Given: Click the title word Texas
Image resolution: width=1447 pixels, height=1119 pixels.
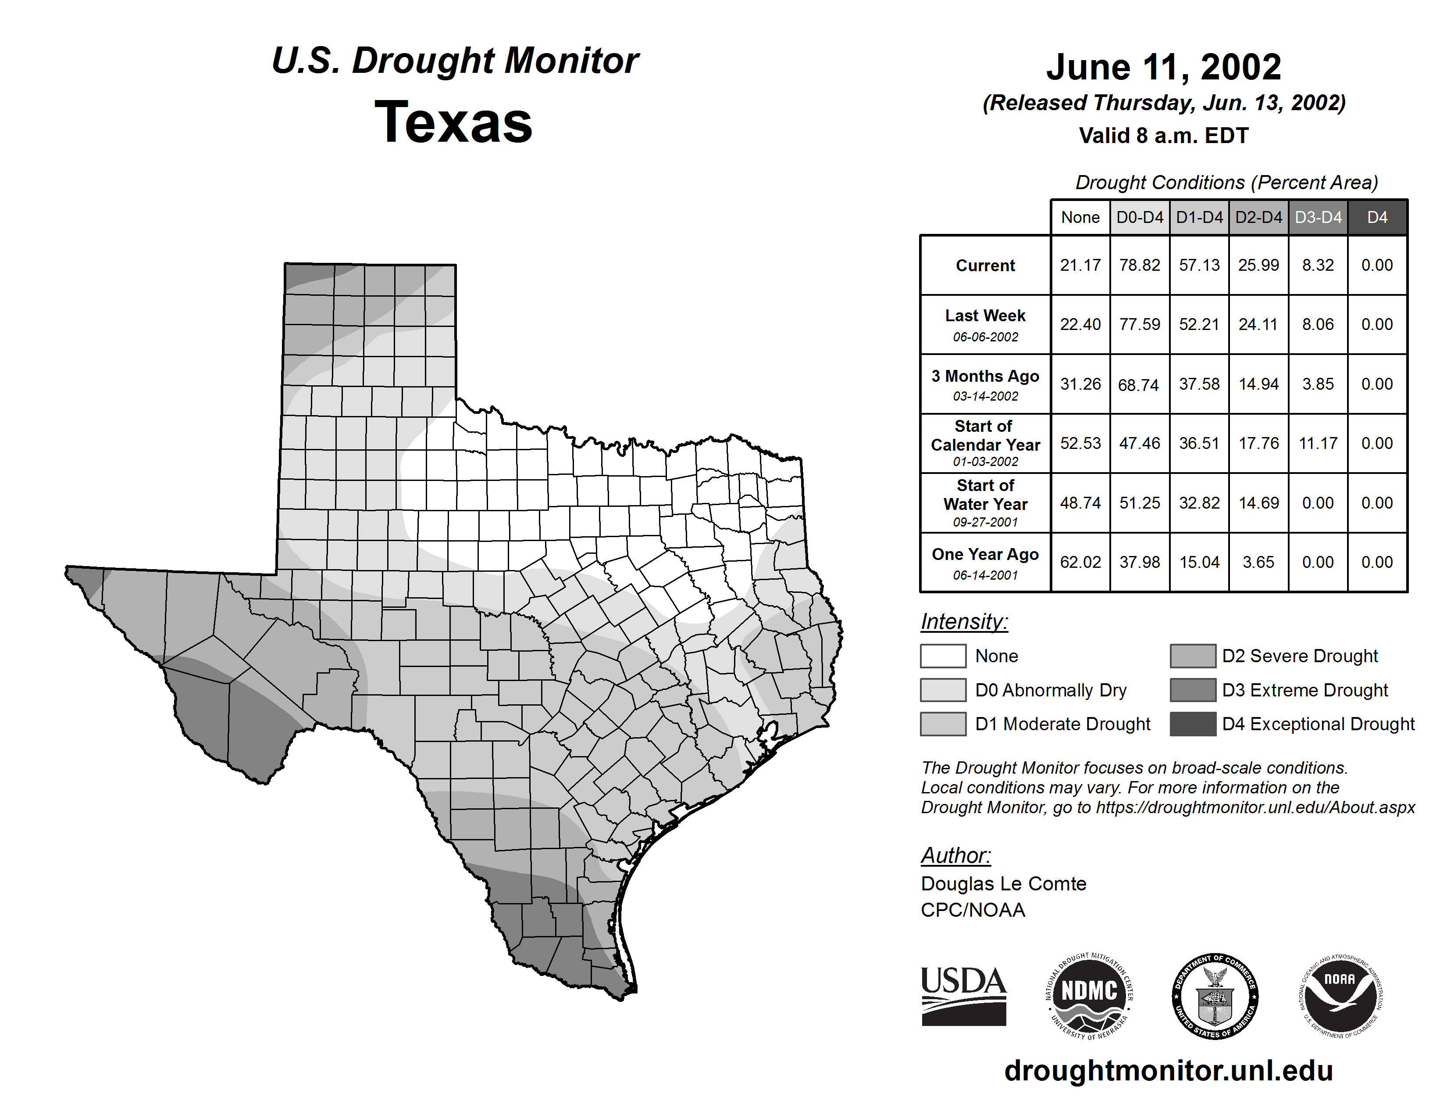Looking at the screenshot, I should pos(453,122).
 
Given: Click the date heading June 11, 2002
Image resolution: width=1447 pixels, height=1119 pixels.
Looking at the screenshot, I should pos(1163,67).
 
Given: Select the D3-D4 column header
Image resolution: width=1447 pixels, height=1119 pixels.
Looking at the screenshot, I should pos(1318,217).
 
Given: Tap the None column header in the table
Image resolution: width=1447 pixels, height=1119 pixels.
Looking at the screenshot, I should pos(1080,217).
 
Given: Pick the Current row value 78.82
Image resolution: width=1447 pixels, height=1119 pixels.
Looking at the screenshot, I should pos(1140,265).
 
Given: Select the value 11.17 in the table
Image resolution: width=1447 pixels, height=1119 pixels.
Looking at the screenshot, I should pos(1318,443).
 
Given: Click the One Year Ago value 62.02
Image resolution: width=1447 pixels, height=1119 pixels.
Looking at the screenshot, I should pos(1080,562).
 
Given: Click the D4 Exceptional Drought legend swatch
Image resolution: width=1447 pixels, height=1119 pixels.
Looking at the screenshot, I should pos(1193,724).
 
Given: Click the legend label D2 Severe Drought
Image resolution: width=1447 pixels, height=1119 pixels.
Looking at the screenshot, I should pos(1299,656).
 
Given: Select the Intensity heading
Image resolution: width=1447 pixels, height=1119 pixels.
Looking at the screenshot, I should pos(964,622).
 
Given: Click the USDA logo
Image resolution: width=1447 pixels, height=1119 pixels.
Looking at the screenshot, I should pos(963,996).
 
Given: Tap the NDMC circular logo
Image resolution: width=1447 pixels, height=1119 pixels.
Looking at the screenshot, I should pos(1089,996).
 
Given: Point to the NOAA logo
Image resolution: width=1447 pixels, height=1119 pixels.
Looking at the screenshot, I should pos(1340,996).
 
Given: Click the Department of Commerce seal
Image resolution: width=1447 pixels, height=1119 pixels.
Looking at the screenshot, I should pos(1215,996).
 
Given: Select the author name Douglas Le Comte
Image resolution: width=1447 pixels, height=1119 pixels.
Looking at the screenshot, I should pos(1003,884).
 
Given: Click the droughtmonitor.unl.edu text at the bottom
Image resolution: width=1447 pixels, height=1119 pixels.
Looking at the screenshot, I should pos(1168,1071).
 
